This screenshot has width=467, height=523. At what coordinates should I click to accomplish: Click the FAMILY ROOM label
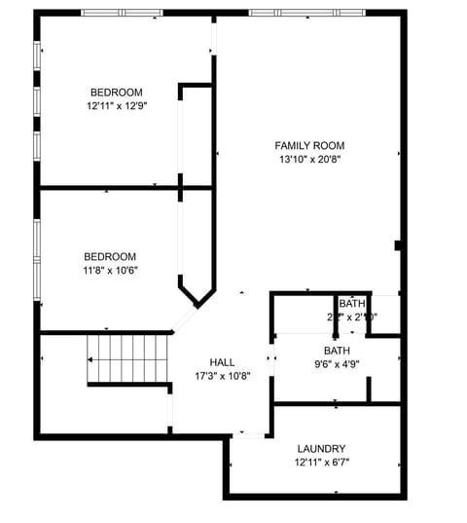point(309,145)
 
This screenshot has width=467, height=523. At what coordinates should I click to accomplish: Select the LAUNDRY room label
point(322,448)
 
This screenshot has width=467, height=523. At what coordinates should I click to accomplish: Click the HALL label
point(223,361)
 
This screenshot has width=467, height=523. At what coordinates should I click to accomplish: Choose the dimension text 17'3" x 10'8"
point(223,375)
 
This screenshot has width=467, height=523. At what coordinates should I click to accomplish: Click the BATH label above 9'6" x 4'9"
point(337,351)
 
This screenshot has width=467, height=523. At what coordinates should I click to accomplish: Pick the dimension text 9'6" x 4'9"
point(337,364)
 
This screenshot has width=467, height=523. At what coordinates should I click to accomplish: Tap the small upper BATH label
point(352,304)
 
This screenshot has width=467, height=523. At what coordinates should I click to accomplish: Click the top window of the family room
point(306,13)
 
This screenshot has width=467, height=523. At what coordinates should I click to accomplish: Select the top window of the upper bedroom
point(122,13)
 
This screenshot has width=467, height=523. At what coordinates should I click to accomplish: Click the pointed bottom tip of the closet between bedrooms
point(197,306)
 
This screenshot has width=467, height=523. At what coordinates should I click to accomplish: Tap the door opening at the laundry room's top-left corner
point(250,435)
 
